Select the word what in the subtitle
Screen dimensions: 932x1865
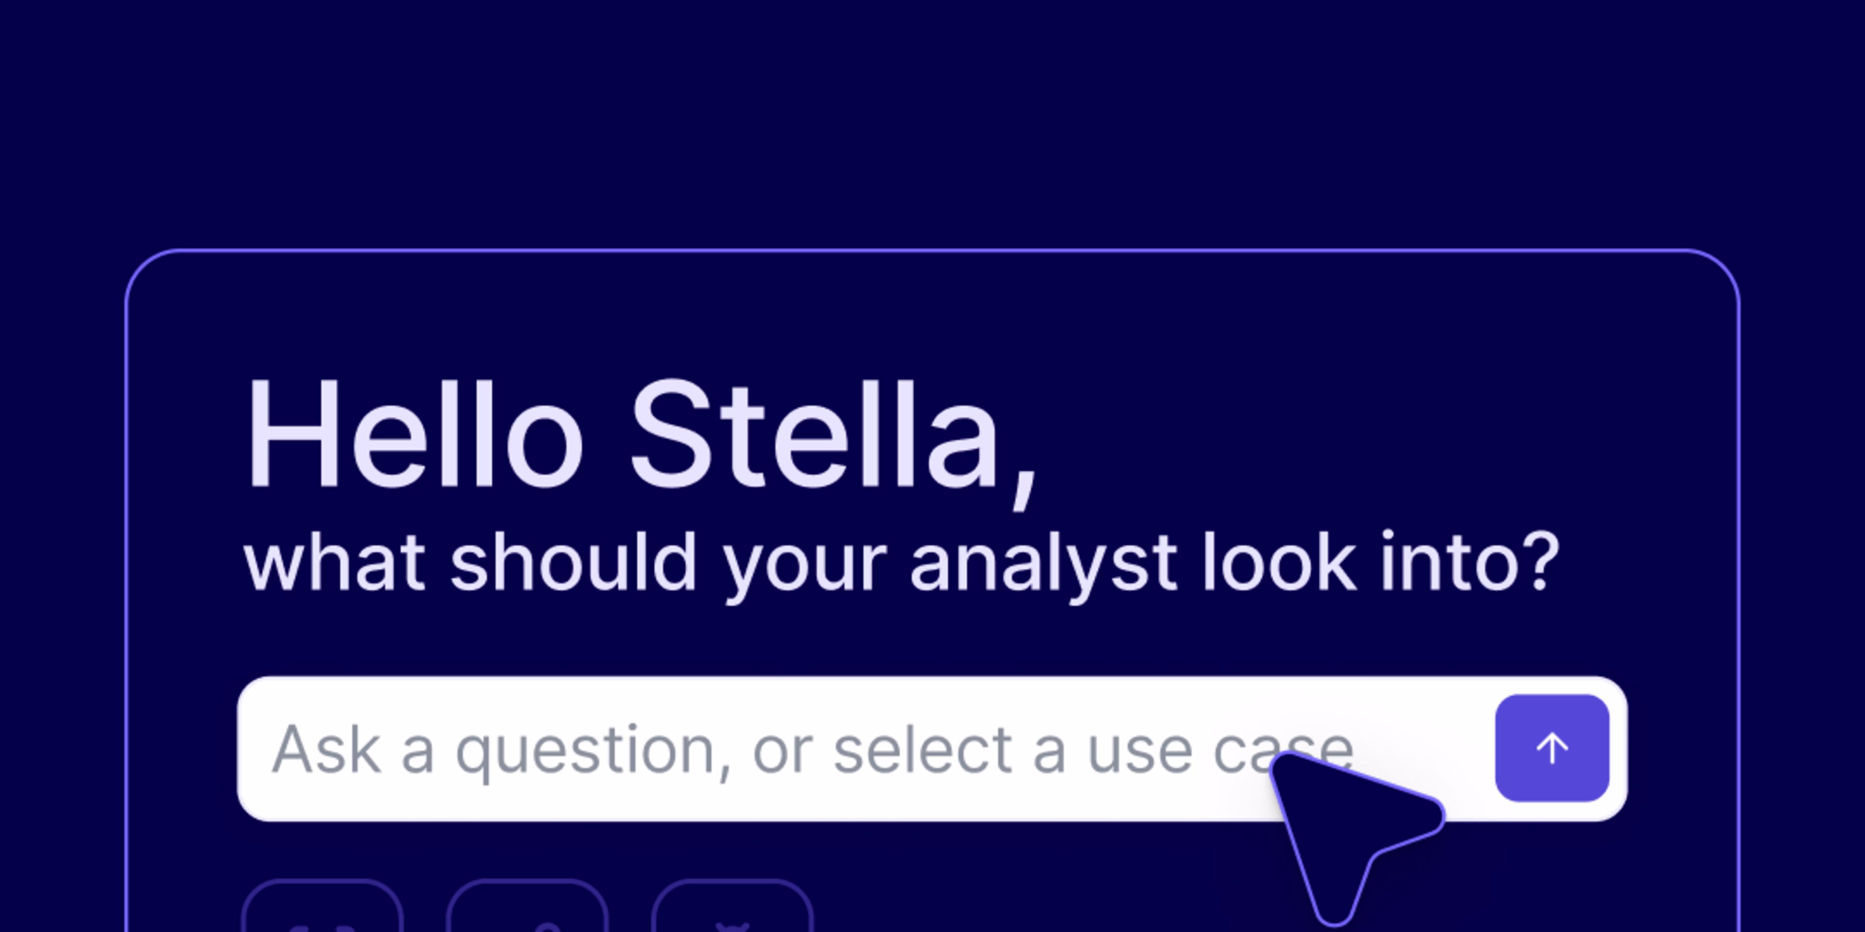coord(335,563)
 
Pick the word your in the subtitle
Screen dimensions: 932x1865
coord(805,567)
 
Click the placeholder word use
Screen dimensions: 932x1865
coord(1139,752)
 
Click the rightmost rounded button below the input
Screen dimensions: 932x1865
coord(733,909)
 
